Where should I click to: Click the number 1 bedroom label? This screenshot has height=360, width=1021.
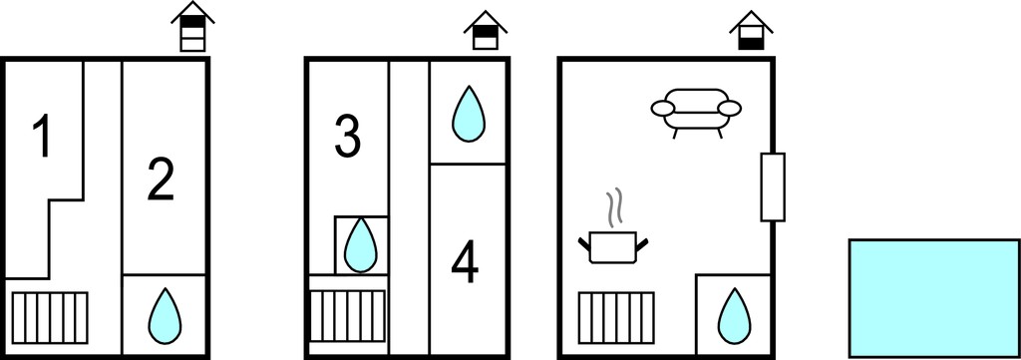point(43,136)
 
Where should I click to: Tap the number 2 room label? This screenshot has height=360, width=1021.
point(161,180)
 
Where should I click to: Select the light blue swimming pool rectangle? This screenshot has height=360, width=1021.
point(933,298)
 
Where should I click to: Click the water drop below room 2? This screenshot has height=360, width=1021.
point(164,316)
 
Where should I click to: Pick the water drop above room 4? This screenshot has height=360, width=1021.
point(469,114)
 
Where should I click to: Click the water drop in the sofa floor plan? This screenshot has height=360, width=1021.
point(734,316)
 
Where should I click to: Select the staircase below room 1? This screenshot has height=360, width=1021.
point(50,318)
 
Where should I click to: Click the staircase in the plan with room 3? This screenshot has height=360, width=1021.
point(347,316)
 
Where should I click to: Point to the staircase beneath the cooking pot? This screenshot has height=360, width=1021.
point(616,318)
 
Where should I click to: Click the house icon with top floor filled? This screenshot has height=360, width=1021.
point(192,26)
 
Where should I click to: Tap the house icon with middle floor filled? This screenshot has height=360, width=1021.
point(486,30)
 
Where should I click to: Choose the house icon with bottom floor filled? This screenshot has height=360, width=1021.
point(751,30)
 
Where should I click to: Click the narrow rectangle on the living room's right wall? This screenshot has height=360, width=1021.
point(773,187)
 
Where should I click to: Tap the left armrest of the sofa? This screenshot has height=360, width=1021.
point(664,109)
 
